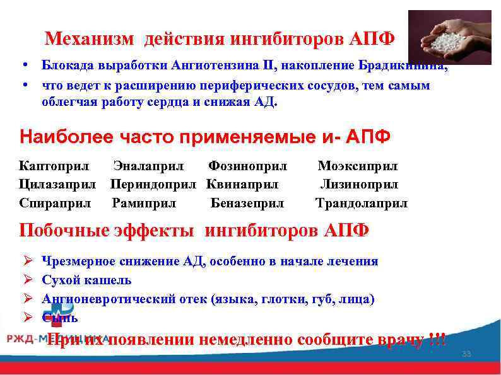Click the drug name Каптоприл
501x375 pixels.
[x=54, y=166]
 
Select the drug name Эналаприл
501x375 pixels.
[x=148, y=166]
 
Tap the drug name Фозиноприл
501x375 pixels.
[x=247, y=166]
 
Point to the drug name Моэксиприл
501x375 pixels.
[x=358, y=166]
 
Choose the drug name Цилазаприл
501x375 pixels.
[x=57, y=185]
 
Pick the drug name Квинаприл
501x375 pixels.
[x=242, y=185]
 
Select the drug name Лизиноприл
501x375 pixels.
[x=359, y=185]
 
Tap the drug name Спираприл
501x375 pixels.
[x=56, y=204]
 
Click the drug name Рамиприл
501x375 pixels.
[x=144, y=204]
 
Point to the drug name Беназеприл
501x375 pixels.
[x=247, y=204]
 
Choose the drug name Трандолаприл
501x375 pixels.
[x=362, y=204]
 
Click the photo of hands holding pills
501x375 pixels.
[x=449, y=38]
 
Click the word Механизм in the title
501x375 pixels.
[x=90, y=40]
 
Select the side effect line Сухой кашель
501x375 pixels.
[x=86, y=280]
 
